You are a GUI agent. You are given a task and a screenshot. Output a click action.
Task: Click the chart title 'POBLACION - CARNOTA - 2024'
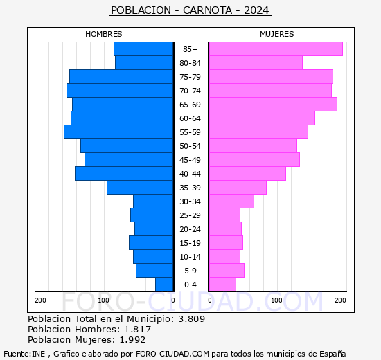190,10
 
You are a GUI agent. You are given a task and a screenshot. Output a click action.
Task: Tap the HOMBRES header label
103,34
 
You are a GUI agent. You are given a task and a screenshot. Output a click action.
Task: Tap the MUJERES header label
276,34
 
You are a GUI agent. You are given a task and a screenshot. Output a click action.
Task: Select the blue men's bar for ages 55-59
118,132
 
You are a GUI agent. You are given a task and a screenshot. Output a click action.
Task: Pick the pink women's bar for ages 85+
275,49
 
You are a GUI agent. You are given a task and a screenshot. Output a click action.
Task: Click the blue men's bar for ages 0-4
164,285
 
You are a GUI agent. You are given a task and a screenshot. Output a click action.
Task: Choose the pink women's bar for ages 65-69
272,105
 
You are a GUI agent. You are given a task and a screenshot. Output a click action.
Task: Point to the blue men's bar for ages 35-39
140,188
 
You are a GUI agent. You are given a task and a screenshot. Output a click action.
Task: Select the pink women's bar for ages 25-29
224,215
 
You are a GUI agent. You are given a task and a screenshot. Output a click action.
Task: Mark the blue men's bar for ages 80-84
144,63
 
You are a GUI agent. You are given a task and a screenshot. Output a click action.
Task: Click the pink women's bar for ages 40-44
247,174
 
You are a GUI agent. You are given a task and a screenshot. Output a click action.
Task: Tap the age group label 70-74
190,91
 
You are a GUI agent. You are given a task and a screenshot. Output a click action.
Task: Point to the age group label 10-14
190,257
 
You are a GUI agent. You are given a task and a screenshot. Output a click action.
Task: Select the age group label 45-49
190,160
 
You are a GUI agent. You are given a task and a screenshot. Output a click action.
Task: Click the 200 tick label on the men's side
41,300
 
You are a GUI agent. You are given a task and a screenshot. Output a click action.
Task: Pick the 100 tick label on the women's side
276,300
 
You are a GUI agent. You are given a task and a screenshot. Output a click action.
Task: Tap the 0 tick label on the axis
173,300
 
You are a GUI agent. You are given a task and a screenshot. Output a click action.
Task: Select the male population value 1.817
135,330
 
